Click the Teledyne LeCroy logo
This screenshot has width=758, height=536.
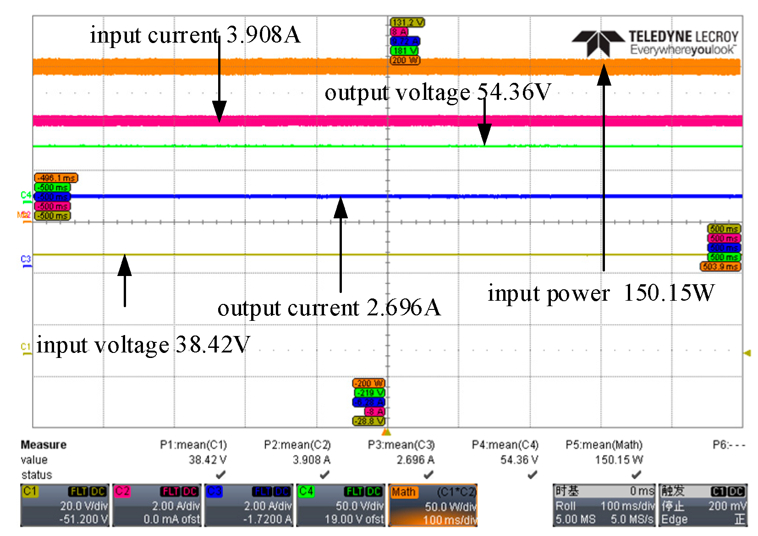click(x=655, y=43)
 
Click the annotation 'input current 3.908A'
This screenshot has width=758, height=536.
click(x=195, y=35)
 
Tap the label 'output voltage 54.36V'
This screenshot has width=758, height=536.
click(x=437, y=92)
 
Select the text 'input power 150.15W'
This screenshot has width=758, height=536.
click(x=601, y=293)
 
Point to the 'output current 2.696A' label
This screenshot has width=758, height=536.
click(x=329, y=308)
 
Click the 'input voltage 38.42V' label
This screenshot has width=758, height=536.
click(x=143, y=345)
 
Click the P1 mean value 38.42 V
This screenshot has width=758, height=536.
click(x=208, y=460)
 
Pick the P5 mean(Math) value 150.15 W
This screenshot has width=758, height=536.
click(x=619, y=460)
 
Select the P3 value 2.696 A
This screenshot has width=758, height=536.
click(x=415, y=460)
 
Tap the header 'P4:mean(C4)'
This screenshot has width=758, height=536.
click(x=505, y=445)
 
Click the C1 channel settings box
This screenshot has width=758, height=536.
click(x=65, y=505)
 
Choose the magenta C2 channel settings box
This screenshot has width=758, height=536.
click(x=157, y=505)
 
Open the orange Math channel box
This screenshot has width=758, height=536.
click(x=433, y=505)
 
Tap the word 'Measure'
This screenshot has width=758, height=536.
click(x=44, y=445)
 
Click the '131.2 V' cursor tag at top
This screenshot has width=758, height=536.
click(x=407, y=22)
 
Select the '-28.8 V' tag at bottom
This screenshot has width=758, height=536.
click(x=369, y=421)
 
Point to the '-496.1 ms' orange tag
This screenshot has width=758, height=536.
click(x=56, y=178)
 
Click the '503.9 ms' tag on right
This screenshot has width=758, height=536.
click(x=720, y=266)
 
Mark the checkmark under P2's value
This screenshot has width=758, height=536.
click(x=324, y=475)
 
